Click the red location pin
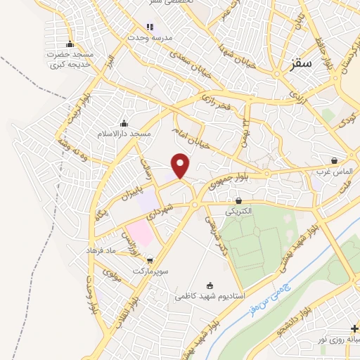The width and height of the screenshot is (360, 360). point(181,165)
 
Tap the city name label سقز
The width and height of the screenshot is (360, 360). point(300,72)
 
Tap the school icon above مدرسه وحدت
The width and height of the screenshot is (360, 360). point(149,27)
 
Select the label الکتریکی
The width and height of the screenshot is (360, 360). point(238,210)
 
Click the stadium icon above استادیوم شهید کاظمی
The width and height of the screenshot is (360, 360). point(209,285)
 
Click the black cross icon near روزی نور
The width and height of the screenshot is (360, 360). point(353,329)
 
